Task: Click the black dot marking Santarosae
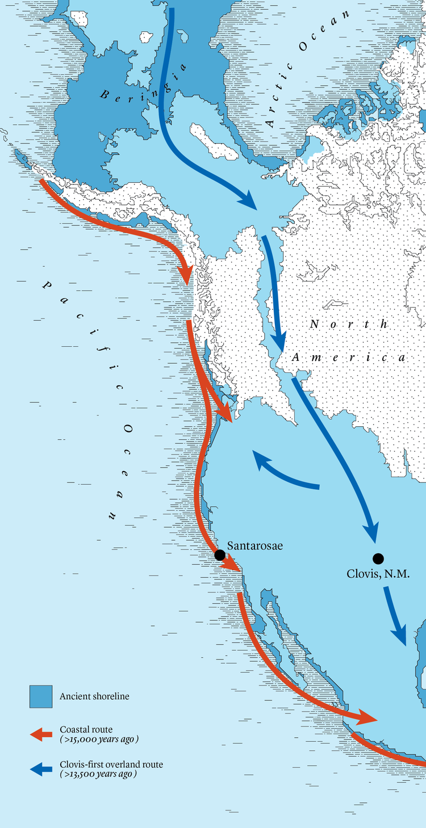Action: point(220,554)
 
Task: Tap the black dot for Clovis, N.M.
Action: point(378,558)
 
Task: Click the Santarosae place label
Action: point(255,546)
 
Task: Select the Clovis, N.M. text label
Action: point(378,574)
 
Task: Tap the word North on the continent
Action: point(349,325)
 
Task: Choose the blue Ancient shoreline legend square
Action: point(41,696)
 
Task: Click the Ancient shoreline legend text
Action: point(94,696)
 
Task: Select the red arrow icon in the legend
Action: point(41,734)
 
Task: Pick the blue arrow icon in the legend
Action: point(41,769)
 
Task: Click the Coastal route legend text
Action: point(86,729)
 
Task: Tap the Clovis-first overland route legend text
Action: point(111,764)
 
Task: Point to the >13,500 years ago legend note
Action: point(99,774)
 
